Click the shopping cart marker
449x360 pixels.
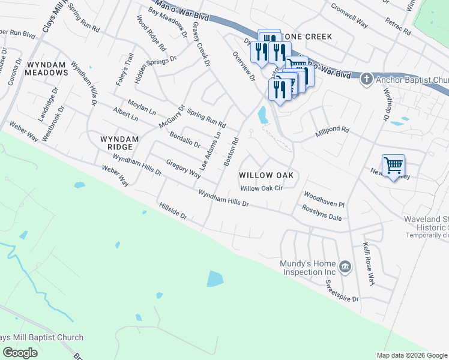[393, 165]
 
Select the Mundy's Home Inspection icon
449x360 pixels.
[345, 266]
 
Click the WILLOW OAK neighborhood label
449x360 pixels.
[266, 175]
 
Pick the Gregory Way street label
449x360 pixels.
[183, 169]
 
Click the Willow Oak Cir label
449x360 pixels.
[261, 188]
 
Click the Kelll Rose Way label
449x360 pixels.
[368, 263]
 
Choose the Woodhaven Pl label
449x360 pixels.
[324, 199]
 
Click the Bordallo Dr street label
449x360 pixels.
[184, 139]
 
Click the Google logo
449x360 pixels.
[20, 352]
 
